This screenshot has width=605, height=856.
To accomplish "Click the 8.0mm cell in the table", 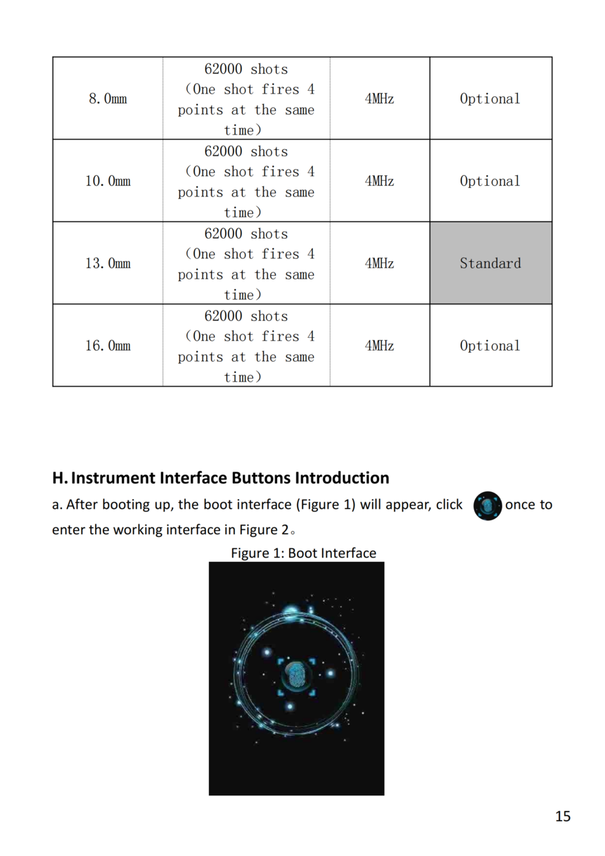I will tap(108, 99).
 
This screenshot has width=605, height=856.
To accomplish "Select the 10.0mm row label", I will tap(108, 181).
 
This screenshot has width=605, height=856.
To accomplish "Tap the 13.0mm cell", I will tap(108, 263).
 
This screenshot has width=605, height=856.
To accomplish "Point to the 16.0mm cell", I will tap(108, 346).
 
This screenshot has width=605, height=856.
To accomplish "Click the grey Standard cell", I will tap(490, 263).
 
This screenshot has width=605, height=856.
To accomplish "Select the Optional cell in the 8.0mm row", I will tap(490, 99).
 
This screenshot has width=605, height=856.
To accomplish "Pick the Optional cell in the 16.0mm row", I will tap(490, 346).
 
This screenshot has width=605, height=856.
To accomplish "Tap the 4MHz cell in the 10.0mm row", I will tap(379, 181).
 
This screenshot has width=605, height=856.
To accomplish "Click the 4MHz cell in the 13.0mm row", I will tap(379, 263).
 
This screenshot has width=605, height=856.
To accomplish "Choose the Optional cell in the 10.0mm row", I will tap(490, 181).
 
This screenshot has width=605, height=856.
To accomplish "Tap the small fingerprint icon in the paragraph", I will tap(488, 506).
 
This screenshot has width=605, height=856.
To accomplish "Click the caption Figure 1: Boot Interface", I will tap(303, 553).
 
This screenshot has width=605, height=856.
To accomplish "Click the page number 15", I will tap(563, 817).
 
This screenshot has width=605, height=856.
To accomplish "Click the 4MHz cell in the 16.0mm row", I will tap(379, 346).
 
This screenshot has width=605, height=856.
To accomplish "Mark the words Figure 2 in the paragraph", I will tap(265, 530).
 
